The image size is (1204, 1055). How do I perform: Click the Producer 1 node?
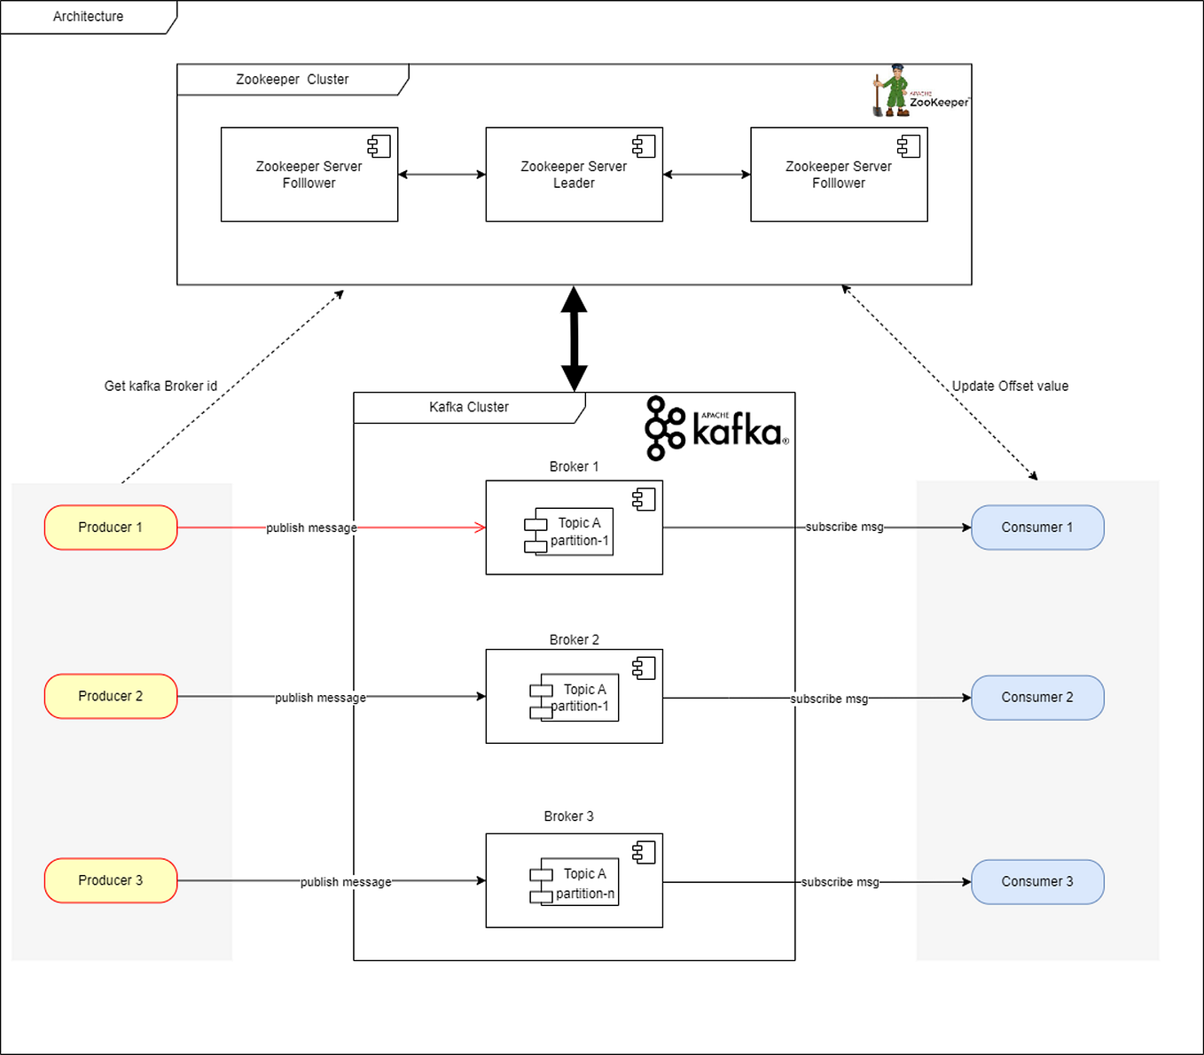(x=111, y=527)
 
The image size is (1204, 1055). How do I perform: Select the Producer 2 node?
(x=111, y=697)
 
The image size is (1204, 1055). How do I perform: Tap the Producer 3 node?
(x=111, y=880)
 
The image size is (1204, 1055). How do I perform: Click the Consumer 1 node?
(x=1037, y=527)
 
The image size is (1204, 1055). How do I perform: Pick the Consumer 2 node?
(x=1037, y=698)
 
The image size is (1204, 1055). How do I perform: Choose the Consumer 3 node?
(x=1037, y=881)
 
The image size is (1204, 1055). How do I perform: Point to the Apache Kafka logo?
(x=715, y=428)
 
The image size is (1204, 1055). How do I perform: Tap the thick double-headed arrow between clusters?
(x=574, y=339)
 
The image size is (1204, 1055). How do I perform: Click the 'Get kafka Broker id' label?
(x=160, y=387)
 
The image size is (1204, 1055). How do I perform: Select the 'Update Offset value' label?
(x=1010, y=387)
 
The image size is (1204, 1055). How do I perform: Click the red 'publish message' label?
(x=311, y=528)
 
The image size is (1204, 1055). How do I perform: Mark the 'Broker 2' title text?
(x=574, y=640)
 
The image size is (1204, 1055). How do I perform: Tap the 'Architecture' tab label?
(x=88, y=17)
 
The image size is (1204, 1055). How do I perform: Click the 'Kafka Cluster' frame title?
(x=469, y=408)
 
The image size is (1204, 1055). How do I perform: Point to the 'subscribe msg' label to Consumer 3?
(x=840, y=882)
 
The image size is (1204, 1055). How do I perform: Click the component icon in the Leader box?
(x=644, y=146)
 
